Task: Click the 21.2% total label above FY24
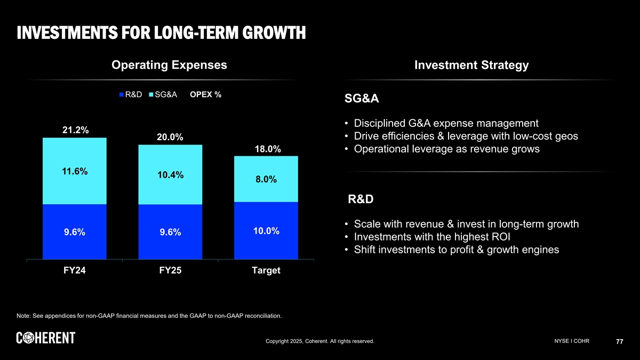click(x=75, y=130)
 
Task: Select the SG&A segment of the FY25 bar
click(x=170, y=160)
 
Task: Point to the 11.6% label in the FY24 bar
click(x=75, y=171)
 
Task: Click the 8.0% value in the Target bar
click(x=266, y=180)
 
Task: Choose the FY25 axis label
click(x=170, y=270)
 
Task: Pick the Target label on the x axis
click(x=266, y=270)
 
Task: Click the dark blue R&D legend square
click(x=122, y=95)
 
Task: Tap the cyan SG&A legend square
click(x=151, y=95)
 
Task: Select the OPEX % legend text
click(x=205, y=95)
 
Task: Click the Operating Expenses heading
click(x=169, y=65)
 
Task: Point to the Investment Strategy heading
click(x=471, y=66)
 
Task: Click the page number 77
click(x=619, y=342)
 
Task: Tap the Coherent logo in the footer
click(x=46, y=338)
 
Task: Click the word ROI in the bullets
click(x=502, y=237)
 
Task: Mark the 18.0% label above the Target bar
click(x=268, y=149)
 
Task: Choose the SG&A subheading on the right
click(x=362, y=99)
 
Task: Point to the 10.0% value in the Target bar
click(x=266, y=231)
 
